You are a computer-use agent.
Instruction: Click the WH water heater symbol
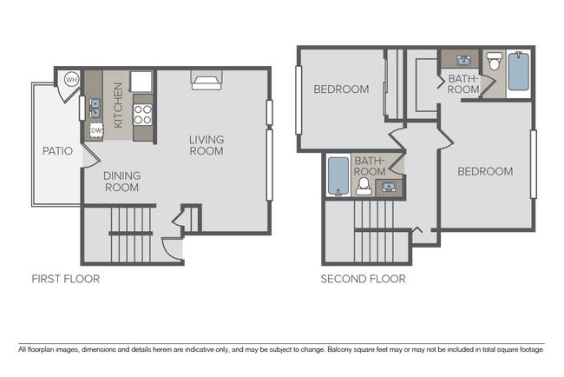(70, 80)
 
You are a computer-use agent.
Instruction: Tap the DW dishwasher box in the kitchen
(96, 130)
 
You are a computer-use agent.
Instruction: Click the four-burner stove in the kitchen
(142, 112)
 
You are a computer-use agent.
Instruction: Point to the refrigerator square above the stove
(141, 82)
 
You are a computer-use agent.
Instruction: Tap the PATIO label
(57, 151)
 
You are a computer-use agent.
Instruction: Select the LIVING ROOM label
(207, 145)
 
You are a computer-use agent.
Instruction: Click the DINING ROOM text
(122, 181)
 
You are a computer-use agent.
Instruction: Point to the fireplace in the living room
(207, 82)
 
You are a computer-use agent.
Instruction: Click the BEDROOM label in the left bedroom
(341, 89)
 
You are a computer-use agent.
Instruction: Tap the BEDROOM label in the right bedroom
(485, 171)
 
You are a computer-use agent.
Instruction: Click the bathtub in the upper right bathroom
(518, 73)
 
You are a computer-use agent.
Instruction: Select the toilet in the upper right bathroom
(494, 63)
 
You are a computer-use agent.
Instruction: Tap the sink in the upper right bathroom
(461, 60)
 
